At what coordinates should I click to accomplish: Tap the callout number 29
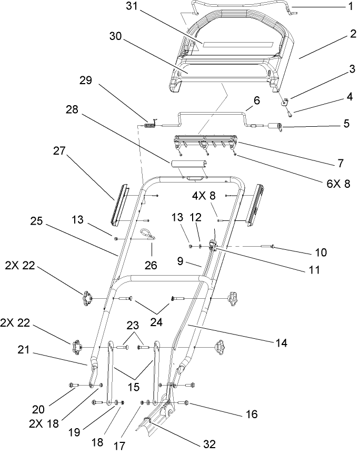click(x=85, y=80)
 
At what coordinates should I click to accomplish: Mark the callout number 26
click(x=151, y=266)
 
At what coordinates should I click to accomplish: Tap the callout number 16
click(x=251, y=414)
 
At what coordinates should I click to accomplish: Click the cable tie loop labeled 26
click(x=146, y=232)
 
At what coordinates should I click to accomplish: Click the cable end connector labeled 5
click(x=275, y=126)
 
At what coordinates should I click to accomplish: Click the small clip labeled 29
click(x=149, y=125)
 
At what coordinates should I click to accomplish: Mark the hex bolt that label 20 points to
click(x=74, y=386)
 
